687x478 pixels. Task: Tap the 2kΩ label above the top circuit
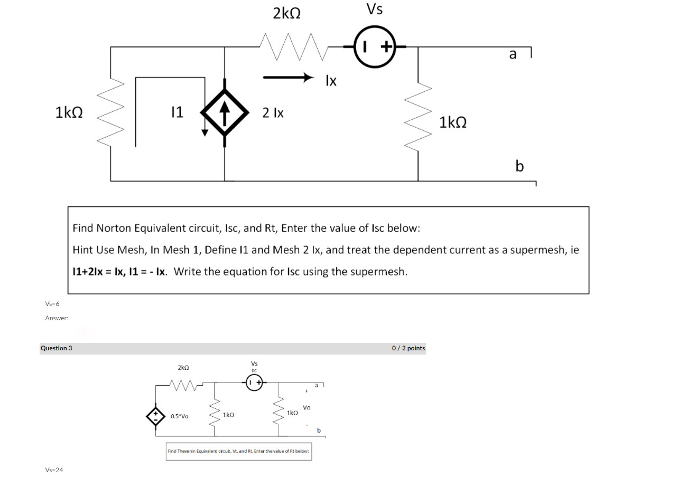point(287,13)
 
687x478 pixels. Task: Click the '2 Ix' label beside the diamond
point(273,112)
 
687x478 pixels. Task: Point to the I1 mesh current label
point(177,111)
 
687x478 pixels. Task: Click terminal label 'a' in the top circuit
point(512,54)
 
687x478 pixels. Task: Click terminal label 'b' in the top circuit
point(519,166)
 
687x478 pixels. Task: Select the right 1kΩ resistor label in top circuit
point(453,122)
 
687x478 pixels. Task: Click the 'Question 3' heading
point(57,348)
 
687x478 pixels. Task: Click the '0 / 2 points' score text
point(408,348)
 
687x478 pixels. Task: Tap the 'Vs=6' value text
point(53,304)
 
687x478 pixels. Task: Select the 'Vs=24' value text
point(54,470)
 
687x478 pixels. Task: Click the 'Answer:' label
point(57,318)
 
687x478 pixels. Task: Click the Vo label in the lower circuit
point(307,408)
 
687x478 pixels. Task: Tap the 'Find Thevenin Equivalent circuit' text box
point(239,451)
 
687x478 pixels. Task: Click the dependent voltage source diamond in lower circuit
point(156,416)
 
